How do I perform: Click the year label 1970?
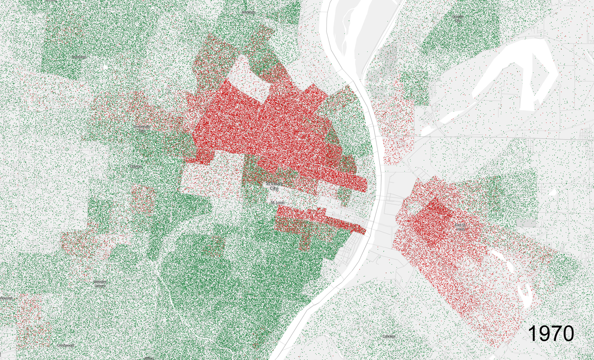(551, 333)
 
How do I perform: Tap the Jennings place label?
(248, 12)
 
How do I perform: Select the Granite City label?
(458, 18)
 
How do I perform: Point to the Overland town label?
(78, 57)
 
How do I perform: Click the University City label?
(142, 129)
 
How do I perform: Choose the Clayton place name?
(136, 167)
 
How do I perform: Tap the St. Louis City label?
(274, 186)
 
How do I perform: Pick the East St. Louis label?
(460, 227)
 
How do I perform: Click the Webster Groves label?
(100, 284)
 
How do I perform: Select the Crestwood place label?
(65, 345)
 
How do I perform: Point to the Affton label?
(149, 358)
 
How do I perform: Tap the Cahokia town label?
(388, 336)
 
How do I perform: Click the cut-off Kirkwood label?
(6, 298)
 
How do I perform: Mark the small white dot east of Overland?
(105, 67)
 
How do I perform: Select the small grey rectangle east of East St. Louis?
(526, 223)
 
